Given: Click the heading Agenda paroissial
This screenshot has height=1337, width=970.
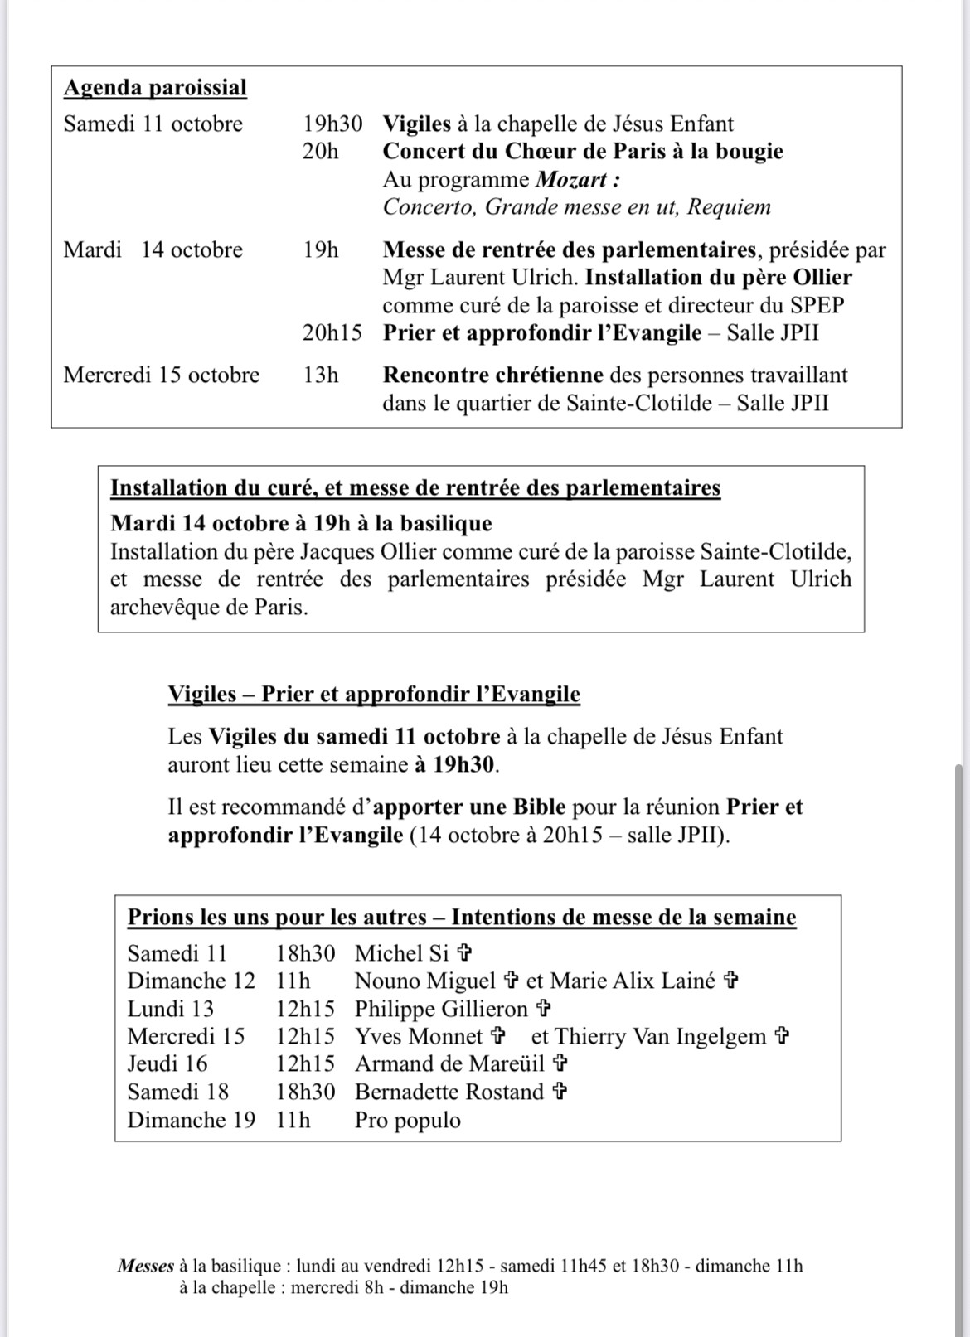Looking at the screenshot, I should click(x=155, y=88).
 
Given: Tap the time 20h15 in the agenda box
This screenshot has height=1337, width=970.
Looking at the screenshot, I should click(x=332, y=333).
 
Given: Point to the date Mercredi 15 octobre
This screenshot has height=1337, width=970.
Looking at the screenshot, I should click(x=162, y=375).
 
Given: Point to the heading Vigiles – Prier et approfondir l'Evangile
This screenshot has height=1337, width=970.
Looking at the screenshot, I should click(x=374, y=695).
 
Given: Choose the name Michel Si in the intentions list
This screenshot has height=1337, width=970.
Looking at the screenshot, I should click(x=402, y=954).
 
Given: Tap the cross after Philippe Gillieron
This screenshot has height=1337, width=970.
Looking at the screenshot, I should click(x=544, y=1009).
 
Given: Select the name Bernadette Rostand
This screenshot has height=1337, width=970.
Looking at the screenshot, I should click(x=449, y=1092).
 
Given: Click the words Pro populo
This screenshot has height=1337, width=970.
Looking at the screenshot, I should click(x=408, y=1121).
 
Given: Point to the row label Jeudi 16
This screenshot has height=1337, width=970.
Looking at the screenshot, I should click(x=167, y=1064).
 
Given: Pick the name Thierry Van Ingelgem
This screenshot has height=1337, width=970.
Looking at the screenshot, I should click(x=660, y=1037).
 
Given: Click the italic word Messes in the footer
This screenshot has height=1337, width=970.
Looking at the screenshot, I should click(x=146, y=1267).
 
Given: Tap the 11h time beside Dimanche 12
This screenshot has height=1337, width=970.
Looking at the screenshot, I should click(x=293, y=981).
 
